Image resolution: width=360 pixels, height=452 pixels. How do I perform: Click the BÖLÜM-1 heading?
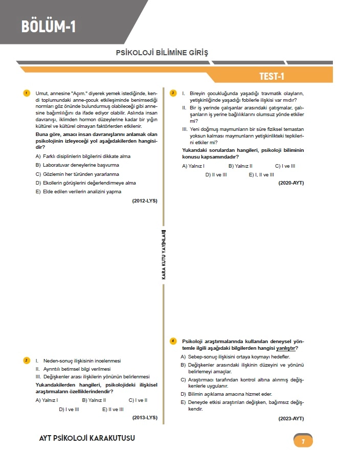(49, 26)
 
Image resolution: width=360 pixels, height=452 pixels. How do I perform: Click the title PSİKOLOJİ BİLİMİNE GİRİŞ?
(162, 53)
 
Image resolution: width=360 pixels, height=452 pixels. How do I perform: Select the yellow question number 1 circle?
(26, 93)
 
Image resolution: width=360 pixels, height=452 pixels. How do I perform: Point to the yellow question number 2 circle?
(26, 360)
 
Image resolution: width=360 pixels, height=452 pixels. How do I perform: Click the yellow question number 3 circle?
(173, 93)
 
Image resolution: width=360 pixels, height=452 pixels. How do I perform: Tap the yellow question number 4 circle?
(173, 341)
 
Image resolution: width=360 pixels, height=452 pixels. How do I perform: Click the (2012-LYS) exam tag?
(144, 201)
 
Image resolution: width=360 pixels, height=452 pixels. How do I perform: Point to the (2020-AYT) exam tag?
(291, 183)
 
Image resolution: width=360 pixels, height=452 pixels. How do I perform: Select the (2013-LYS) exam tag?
(144, 417)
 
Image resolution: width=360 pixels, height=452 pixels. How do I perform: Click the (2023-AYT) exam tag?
(291, 418)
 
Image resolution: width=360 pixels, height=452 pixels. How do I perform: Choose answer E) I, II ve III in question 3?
(261, 174)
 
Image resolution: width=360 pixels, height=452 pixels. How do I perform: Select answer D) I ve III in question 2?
(69, 409)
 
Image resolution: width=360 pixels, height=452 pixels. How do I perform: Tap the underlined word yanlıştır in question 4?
(287, 348)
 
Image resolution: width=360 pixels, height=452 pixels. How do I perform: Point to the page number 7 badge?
(303, 441)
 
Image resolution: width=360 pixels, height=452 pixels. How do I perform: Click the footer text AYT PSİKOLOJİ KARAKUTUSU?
(87, 439)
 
